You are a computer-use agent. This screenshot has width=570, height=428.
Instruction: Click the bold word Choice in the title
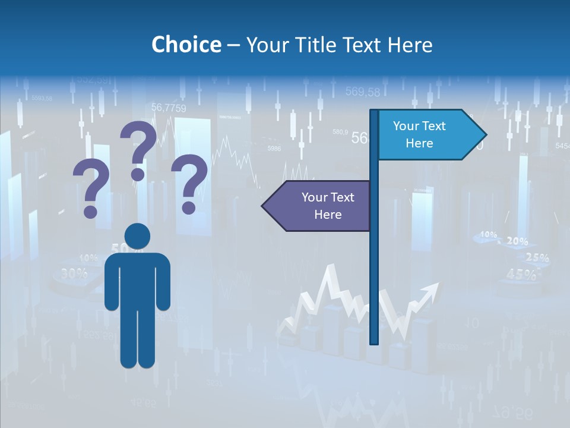coord(186,45)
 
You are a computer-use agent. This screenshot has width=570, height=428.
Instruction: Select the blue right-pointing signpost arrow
coord(427,135)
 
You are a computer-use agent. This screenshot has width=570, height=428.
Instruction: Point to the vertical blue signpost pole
coord(374,267)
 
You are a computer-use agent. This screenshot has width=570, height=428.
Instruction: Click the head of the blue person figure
coord(137,236)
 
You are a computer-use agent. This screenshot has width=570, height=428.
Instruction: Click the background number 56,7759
coord(169,108)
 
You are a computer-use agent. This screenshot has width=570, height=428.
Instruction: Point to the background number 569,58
coord(362,92)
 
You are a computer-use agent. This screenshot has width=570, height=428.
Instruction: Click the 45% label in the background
coord(521,274)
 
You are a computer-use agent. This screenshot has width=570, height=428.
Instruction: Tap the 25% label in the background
coord(537,258)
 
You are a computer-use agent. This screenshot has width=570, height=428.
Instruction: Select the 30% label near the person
coord(74,273)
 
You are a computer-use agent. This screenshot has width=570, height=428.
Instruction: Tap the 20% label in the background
coord(517,241)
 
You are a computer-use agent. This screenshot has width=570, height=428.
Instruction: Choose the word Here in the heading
coord(410,45)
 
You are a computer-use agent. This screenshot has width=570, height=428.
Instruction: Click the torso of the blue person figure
coord(137,279)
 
